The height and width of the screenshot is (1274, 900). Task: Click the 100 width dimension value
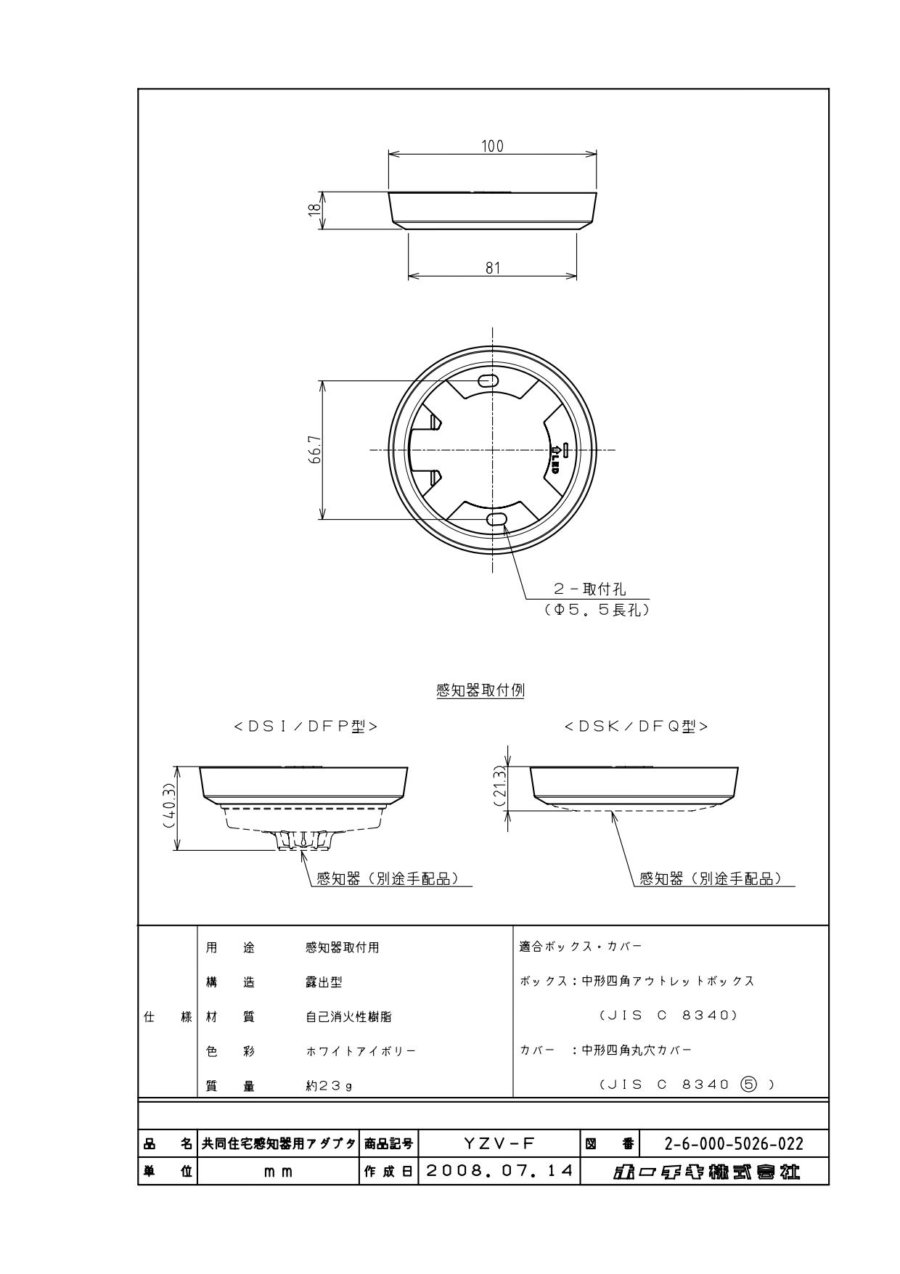492,146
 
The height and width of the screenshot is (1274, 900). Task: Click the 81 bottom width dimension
493,268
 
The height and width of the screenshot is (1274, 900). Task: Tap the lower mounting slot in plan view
496,518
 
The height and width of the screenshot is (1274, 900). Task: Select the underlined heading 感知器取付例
480,690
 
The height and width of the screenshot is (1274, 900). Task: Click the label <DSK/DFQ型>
636,727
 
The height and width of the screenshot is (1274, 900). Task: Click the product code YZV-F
499,1143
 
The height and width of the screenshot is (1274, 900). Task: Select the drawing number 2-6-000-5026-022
734,1144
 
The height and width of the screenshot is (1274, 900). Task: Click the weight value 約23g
329,1086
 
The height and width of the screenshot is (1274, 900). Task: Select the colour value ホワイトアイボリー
361,1051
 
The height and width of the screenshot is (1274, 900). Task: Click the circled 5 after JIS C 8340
748,1085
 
